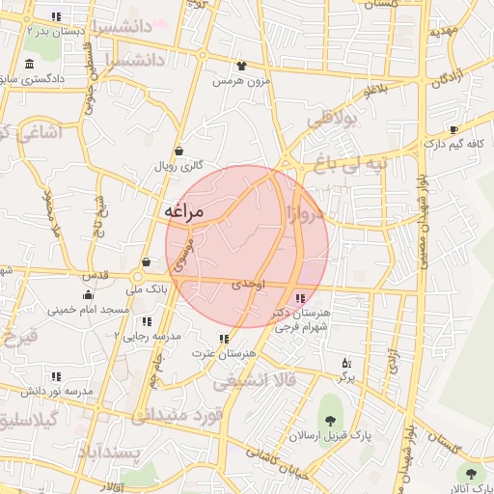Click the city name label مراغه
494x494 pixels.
tap(183, 211)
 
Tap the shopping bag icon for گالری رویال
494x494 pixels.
tap(179, 151)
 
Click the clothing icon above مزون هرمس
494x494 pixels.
tap(241, 67)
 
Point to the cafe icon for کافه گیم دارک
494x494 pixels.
tap(453, 129)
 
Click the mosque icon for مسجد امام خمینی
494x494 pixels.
tap(89, 295)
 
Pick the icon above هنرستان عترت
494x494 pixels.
tap(225, 339)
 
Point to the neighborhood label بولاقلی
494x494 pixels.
tap(332, 120)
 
